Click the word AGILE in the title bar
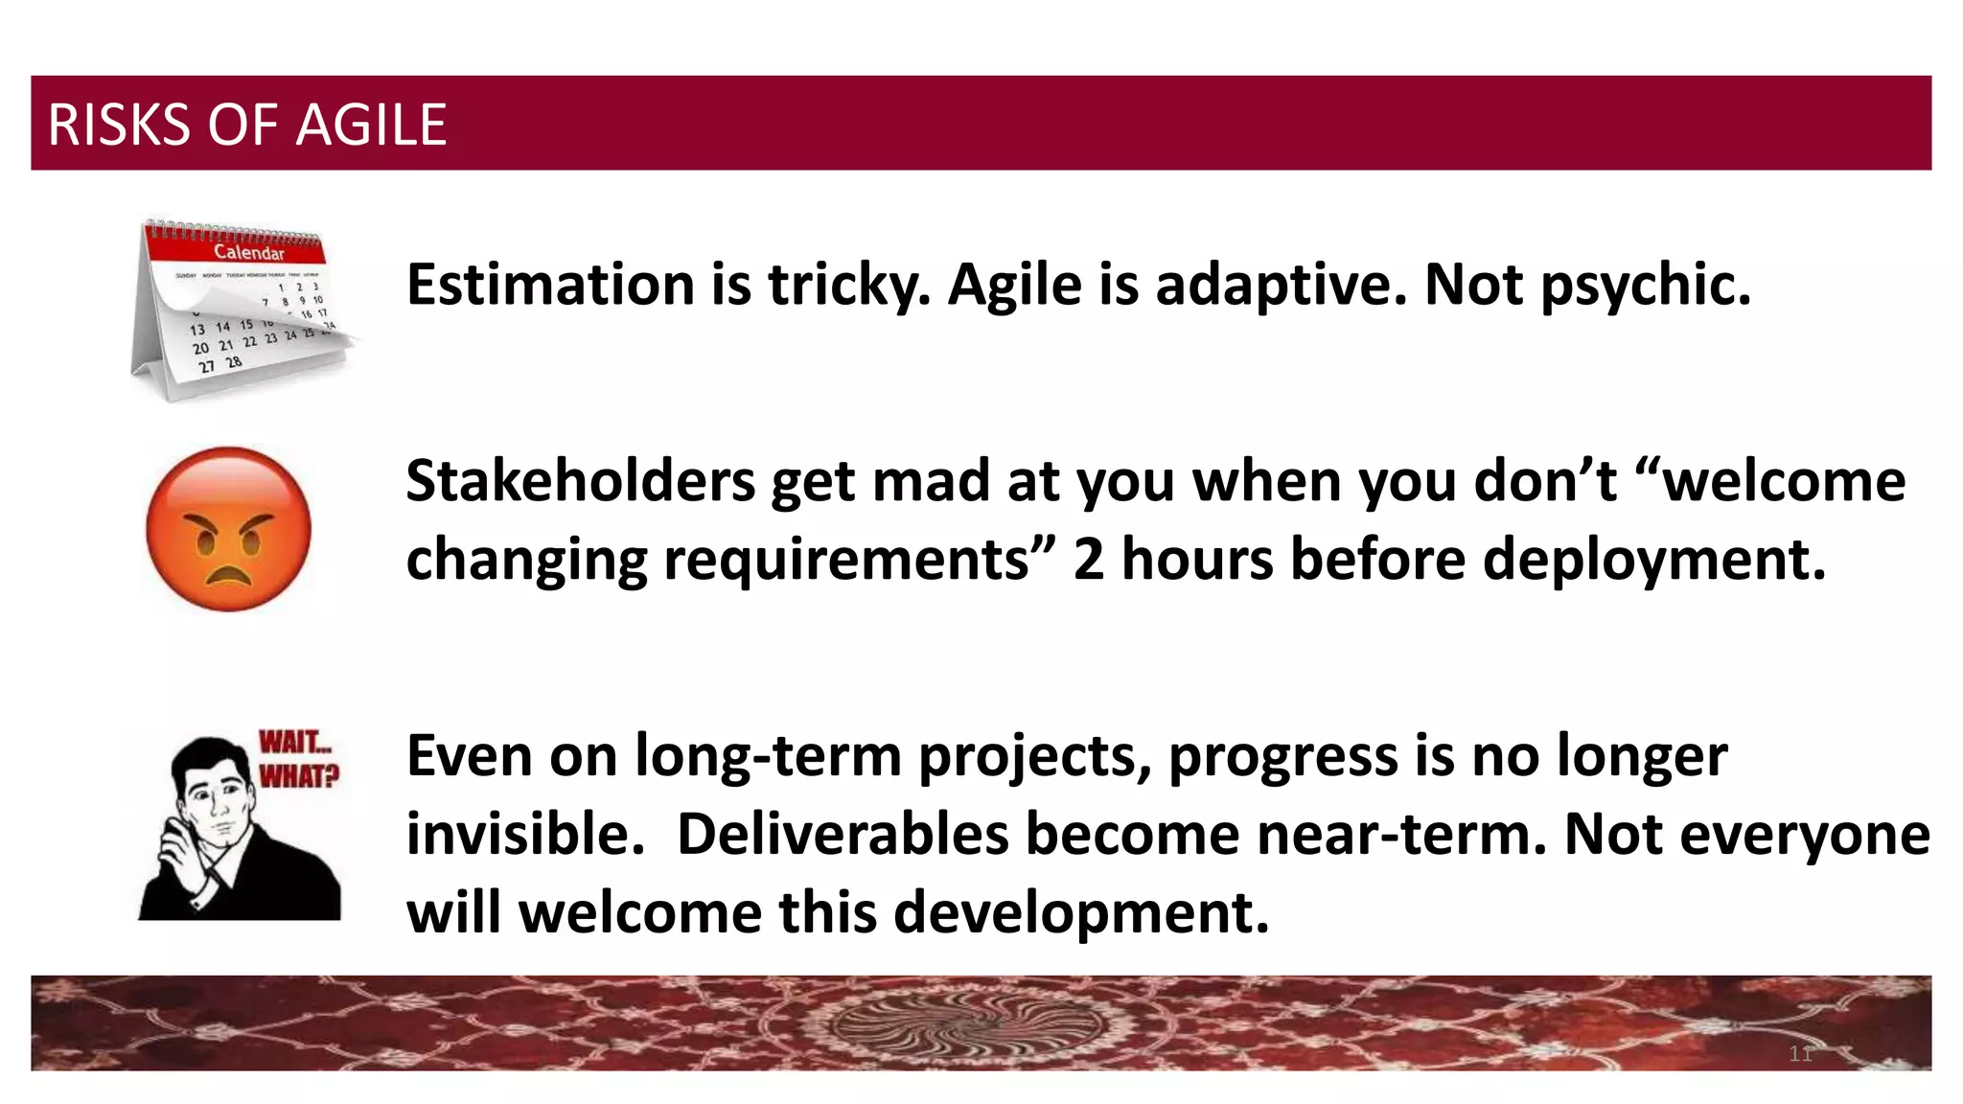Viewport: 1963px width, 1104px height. point(371,126)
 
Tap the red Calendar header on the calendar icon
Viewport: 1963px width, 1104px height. point(247,252)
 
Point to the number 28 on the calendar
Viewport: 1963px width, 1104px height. point(233,362)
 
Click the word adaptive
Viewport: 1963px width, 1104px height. point(1281,287)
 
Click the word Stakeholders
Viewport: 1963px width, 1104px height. point(580,480)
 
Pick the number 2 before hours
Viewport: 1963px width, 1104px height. point(1088,559)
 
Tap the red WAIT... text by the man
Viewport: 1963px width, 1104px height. point(294,743)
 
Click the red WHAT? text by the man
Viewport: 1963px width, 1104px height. point(298,775)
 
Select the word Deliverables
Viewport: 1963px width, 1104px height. point(843,834)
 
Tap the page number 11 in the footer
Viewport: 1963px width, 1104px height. point(1800,1054)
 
